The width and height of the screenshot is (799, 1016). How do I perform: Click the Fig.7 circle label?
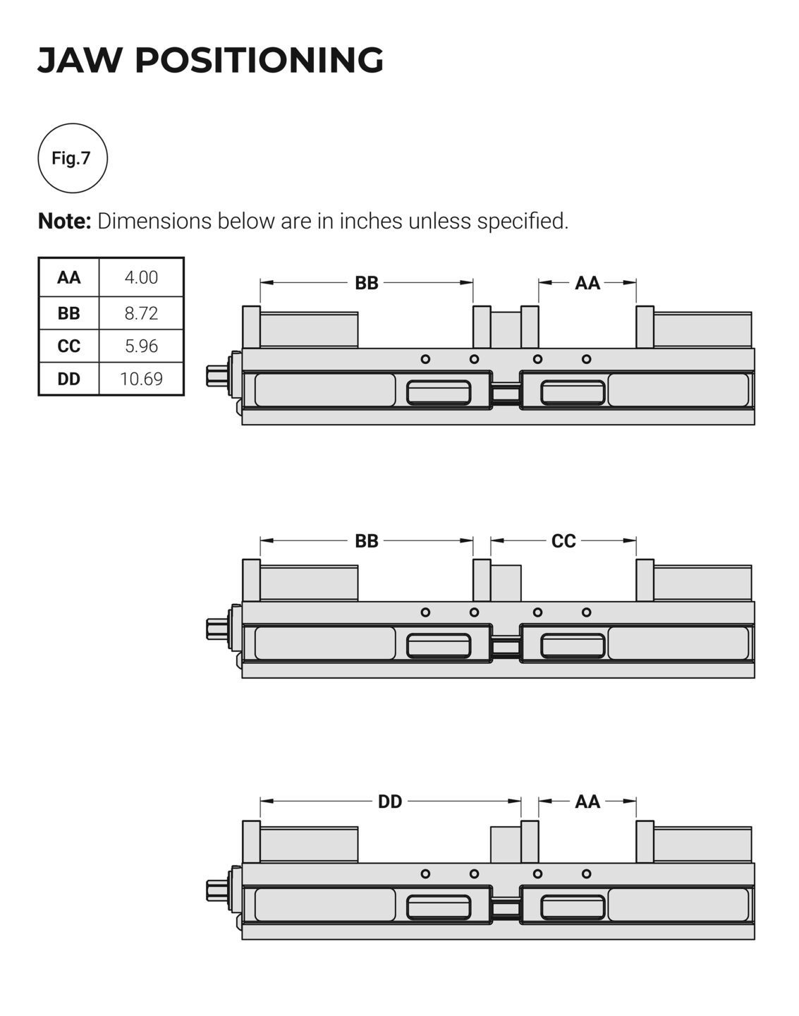pyautogui.click(x=72, y=158)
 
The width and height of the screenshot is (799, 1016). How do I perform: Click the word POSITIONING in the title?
pyautogui.click(x=259, y=60)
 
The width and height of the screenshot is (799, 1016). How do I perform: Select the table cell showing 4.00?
pyautogui.click(x=141, y=277)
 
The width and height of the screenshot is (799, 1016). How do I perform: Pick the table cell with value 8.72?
pyautogui.click(x=141, y=313)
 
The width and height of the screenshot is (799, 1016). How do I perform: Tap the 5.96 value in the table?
pyautogui.click(x=141, y=346)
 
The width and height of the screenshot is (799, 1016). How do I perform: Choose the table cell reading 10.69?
pyautogui.click(x=141, y=379)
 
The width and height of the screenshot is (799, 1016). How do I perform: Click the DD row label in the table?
pyautogui.click(x=69, y=379)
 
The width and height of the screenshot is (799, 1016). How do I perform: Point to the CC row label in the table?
pyautogui.click(x=69, y=346)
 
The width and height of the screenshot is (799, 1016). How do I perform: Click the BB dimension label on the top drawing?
pyautogui.click(x=367, y=283)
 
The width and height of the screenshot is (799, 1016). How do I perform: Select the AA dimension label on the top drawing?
pyautogui.click(x=587, y=283)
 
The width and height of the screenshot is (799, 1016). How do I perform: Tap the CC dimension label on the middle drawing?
pyautogui.click(x=563, y=541)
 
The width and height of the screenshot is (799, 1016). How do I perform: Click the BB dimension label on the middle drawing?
pyautogui.click(x=367, y=541)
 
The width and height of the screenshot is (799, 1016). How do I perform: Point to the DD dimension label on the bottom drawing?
pyautogui.click(x=390, y=802)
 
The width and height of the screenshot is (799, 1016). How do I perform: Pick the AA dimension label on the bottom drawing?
pyautogui.click(x=587, y=802)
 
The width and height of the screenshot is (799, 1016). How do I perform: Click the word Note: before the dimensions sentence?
pyautogui.click(x=64, y=222)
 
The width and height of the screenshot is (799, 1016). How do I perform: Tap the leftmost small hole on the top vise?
pyautogui.click(x=425, y=359)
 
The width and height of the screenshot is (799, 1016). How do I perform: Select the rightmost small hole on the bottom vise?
pyautogui.click(x=586, y=873)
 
